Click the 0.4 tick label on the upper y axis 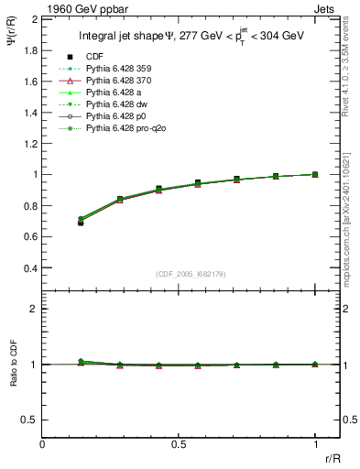[31, 268]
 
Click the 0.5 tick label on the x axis [179, 443]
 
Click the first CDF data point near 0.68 [81, 223]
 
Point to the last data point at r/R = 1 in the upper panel [315, 174]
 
